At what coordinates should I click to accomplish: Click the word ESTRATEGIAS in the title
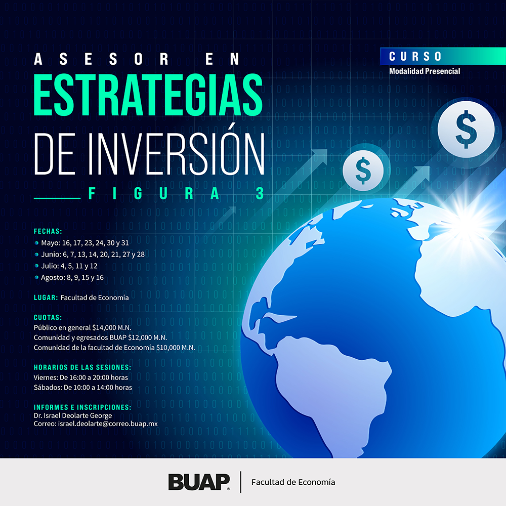point(148,95)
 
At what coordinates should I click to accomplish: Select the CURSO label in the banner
point(415,57)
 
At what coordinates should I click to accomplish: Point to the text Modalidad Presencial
point(425,71)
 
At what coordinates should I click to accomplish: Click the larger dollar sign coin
point(466,129)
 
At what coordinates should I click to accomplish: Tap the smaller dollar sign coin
point(363,171)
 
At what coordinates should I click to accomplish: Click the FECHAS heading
point(48,231)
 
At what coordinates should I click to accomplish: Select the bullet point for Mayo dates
point(36,243)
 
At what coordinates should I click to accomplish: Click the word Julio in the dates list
point(50,266)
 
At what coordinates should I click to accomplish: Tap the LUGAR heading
point(46,298)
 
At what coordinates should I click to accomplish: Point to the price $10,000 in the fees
point(168,348)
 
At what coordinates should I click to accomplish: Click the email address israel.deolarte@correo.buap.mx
point(108,424)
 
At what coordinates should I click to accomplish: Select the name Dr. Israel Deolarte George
point(72,415)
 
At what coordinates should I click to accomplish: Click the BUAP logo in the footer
point(199,482)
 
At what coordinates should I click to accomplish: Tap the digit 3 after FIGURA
point(260,194)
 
